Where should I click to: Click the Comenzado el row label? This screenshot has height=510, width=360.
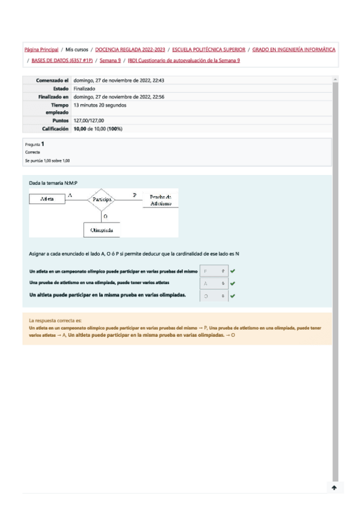click(x=52, y=81)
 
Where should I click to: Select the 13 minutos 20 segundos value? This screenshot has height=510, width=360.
click(x=100, y=105)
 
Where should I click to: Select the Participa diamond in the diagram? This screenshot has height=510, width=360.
click(x=104, y=199)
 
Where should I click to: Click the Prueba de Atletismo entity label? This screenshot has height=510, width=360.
click(x=160, y=200)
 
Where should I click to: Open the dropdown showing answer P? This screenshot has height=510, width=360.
click(x=213, y=272)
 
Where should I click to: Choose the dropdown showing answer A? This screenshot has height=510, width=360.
click(x=213, y=283)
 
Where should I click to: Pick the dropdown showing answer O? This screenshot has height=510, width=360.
click(x=213, y=296)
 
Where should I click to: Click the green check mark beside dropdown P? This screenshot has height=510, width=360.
click(x=233, y=272)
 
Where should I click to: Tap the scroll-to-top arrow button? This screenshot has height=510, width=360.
click(x=334, y=488)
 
